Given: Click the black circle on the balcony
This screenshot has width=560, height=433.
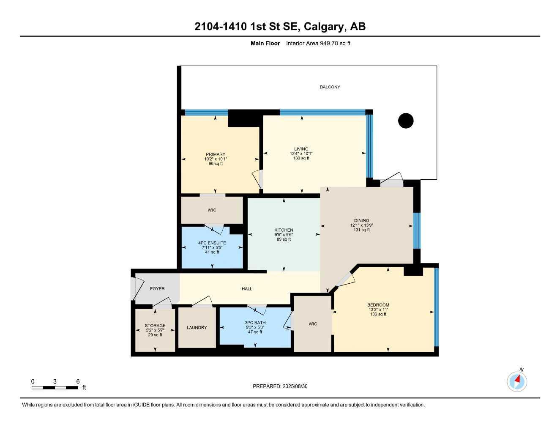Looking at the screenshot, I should [x=406, y=121].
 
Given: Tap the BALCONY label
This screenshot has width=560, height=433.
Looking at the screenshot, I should [x=330, y=87].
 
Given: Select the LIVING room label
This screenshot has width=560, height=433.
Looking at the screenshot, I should [x=301, y=149].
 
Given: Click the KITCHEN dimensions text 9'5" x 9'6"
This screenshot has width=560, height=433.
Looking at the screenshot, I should [x=284, y=235].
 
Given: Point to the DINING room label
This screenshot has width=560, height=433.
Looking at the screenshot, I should [x=361, y=220].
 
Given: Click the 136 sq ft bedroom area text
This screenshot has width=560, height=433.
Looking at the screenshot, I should [x=378, y=314].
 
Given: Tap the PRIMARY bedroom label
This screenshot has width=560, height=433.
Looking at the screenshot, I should [x=216, y=154].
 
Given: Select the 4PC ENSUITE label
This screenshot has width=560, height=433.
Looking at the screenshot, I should [x=212, y=243].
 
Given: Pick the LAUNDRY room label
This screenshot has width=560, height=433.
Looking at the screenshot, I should [x=197, y=328].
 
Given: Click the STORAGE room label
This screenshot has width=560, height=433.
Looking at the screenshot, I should [x=155, y=326].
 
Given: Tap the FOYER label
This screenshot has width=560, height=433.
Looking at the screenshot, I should [x=157, y=289].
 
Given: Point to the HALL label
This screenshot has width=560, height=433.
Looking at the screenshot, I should [x=247, y=289].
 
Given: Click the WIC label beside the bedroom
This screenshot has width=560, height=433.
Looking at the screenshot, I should [x=313, y=324].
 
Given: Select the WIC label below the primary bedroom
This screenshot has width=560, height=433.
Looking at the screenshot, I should [x=212, y=210].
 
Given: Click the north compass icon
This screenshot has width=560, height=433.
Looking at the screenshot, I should [x=517, y=381].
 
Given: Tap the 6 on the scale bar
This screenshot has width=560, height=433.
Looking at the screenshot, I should [x=78, y=381].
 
